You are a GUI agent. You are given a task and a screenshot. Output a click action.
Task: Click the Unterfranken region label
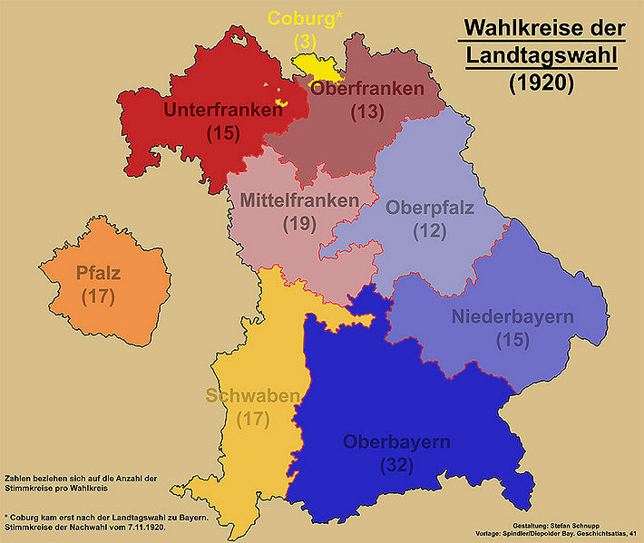click(223, 110)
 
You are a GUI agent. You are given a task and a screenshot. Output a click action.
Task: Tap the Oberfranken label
click(366, 89)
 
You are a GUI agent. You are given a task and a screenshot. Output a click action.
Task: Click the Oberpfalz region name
click(430, 208)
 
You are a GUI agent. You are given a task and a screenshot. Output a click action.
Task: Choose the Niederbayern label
click(512, 317)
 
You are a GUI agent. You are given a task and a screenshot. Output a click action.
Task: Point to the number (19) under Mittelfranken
click(299, 223)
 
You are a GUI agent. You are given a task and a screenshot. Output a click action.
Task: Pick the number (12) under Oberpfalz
click(430, 231)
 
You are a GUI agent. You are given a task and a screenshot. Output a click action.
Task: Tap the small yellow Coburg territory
click(314, 67)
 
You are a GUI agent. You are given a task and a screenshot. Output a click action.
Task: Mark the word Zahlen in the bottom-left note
click(19, 477)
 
